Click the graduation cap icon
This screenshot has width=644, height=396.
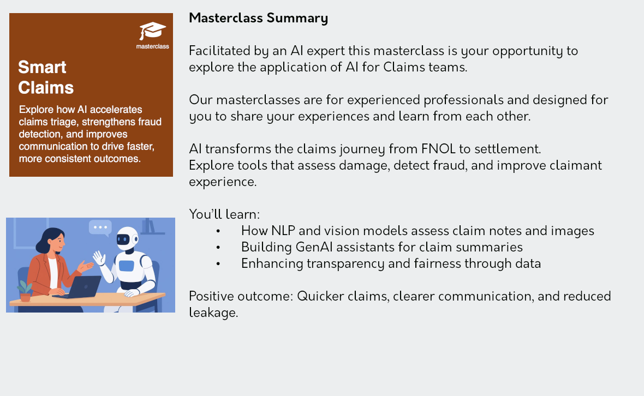coord(152,31)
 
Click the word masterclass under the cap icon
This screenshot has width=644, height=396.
coord(152,46)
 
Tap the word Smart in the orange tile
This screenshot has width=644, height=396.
coord(42,67)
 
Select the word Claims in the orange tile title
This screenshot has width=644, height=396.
coord(46,87)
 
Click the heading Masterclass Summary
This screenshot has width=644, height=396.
coord(258,18)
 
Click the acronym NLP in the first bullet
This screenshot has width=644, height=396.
coord(283,231)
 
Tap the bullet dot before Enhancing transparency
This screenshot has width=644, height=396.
coord(218,264)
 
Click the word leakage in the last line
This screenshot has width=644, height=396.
coord(213,313)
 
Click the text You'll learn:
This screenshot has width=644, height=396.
coord(224,214)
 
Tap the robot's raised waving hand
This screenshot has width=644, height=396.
coord(99,259)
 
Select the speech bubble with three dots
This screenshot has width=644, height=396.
coord(100,228)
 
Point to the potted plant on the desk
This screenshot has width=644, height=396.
coord(25,291)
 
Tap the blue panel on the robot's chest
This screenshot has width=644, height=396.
coord(126,266)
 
